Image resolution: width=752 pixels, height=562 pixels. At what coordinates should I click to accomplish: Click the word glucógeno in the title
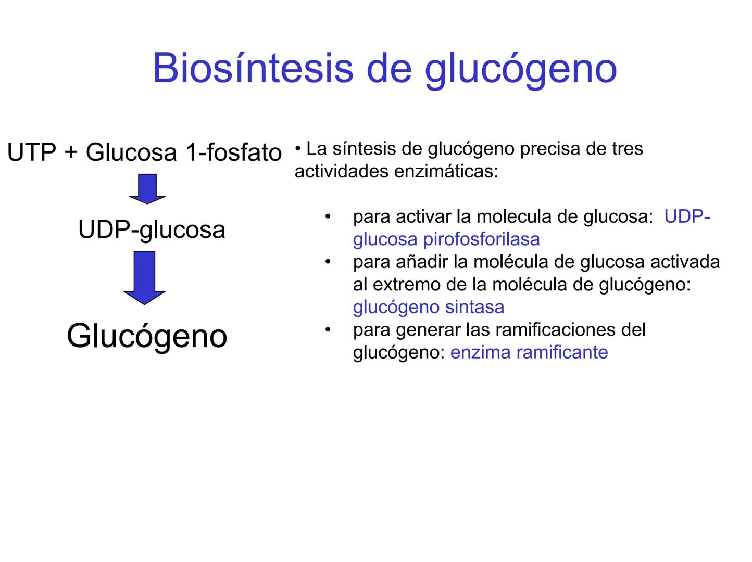(x=520, y=69)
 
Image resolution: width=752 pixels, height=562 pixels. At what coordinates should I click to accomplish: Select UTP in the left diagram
(x=32, y=152)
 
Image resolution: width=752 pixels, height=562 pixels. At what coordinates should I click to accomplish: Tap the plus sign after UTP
(x=71, y=153)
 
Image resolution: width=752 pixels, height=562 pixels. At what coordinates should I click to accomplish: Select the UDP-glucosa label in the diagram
(x=152, y=229)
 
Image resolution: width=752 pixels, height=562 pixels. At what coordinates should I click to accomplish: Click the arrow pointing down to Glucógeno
(x=145, y=277)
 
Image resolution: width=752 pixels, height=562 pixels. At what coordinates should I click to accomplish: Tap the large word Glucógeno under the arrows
(x=147, y=336)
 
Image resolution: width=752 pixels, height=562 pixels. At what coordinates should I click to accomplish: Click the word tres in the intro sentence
(x=626, y=149)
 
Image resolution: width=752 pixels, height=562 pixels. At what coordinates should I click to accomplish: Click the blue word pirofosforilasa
(x=481, y=239)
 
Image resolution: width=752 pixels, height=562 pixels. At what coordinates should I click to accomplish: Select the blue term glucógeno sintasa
(x=428, y=307)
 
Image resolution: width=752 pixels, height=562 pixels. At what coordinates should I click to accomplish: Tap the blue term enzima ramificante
(x=529, y=352)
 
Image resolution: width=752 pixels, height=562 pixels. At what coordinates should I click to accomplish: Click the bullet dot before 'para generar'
(x=328, y=329)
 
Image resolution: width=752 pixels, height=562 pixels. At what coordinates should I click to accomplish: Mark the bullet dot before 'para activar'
(x=328, y=216)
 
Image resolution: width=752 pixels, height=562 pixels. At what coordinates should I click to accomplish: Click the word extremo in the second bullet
(x=403, y=285)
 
